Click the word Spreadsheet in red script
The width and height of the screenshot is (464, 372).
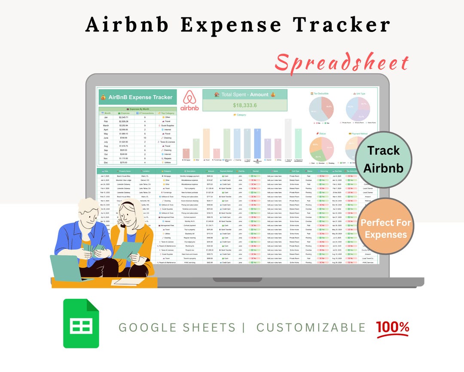point(342,63)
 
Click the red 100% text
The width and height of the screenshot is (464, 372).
point(393,327)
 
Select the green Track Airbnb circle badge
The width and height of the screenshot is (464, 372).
point(383,159)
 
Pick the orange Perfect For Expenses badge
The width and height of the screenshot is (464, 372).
point(385,229)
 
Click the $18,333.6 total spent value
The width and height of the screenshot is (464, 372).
point(245,105)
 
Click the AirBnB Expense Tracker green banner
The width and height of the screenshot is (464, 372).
point(137,97)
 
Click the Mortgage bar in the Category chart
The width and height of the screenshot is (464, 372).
point(186,154)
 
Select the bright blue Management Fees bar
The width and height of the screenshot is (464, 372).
point(257,144)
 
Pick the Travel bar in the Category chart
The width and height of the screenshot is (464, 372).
point(207,144)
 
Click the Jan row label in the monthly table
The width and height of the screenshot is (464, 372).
point(106,117)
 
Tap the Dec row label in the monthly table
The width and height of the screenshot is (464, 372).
point(106,162)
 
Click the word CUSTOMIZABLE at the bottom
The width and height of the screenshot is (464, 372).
point(311,327)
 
